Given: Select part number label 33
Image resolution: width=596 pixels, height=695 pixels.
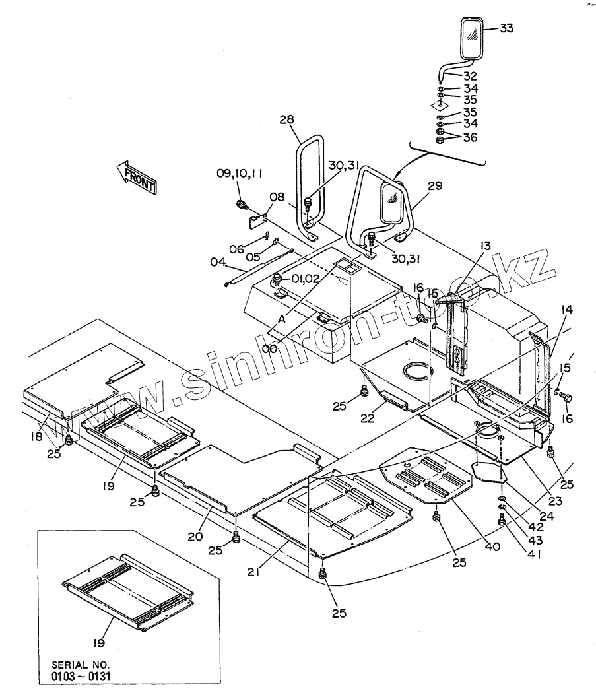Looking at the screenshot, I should pyautogui.click(x=506, y=28).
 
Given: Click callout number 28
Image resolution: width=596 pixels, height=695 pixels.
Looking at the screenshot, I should pyautogui.click(x=286, y=119).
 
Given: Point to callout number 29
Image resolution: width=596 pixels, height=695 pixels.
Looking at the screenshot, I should pyautogui.click(x=435, y=187).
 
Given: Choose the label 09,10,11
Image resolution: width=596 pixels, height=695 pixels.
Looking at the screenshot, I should pyautogui.click(x=239, y=174).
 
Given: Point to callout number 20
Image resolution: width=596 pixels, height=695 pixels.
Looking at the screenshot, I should pyautogui.click(x=195, y=536).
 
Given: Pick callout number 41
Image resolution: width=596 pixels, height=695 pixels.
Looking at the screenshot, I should pyautogui.click(x=535, y=556).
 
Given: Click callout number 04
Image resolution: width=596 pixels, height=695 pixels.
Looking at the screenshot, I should pyautogui.click(x=219, y=262).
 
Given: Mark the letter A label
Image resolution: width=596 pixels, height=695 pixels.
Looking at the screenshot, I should pyautogui.click(x=281, y=318).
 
